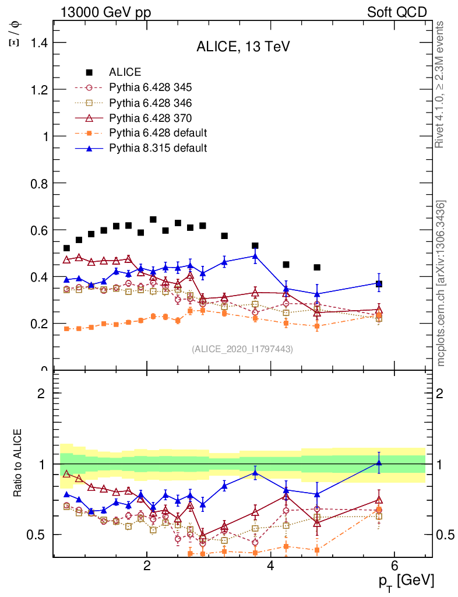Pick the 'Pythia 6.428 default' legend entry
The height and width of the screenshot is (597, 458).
[x=158, y=133]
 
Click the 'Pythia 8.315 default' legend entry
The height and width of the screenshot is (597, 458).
[x=158, y=148]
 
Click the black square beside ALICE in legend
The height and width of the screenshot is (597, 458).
[x=89, y=73]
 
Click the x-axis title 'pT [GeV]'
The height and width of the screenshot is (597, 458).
[x=406, y=581]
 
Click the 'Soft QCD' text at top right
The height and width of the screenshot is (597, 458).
[x=397, y=12]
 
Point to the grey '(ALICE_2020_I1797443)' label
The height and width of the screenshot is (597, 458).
[x=242, y=349]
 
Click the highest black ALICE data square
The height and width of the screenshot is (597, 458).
[x=153, y=220]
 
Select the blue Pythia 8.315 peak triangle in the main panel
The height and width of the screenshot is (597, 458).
[x=255, y=255]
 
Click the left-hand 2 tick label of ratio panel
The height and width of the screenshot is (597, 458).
[x=41, y=393]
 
